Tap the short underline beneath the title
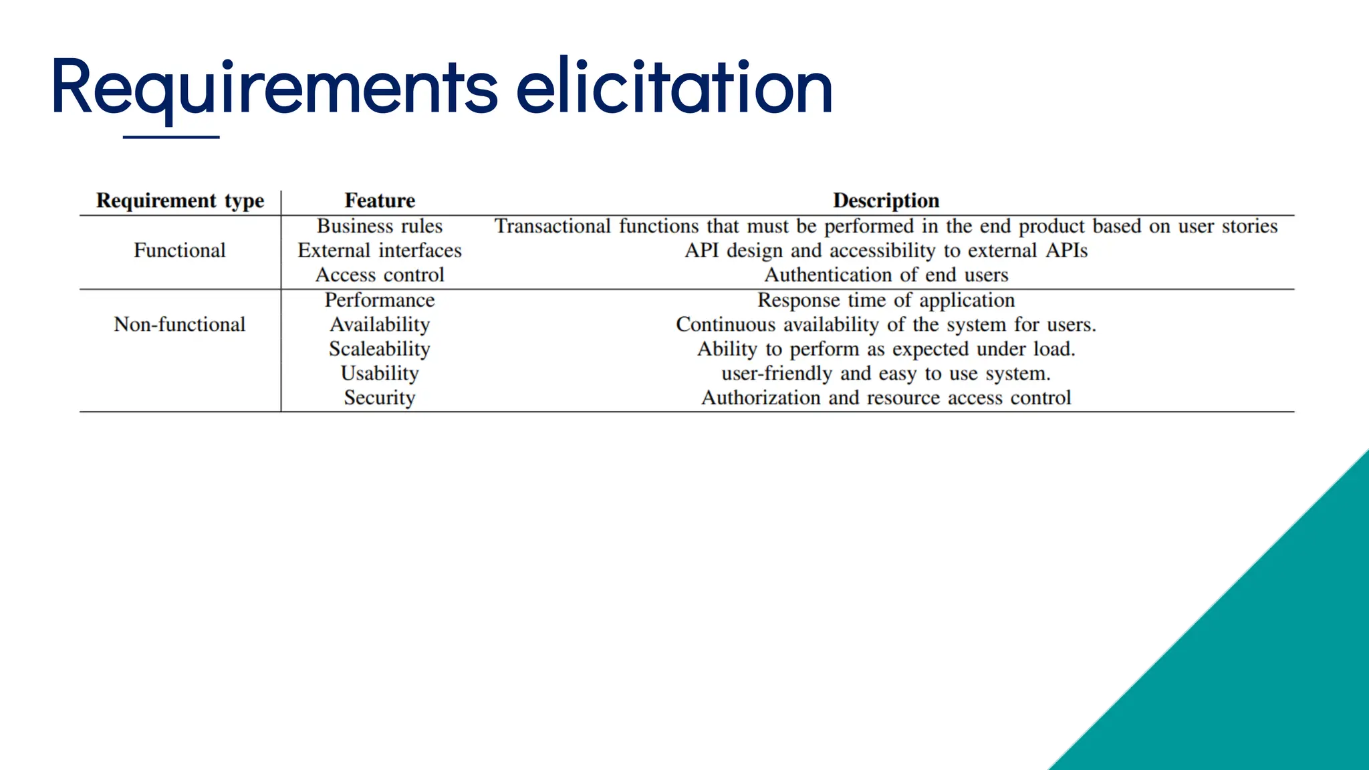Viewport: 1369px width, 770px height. click(x=171, y=137)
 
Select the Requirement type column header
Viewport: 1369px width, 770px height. click(x=180, y=201)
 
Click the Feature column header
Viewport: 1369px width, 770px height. click(x=380, y=201)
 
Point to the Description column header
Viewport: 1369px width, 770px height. click(x=886, y=201)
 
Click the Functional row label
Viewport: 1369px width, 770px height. click(x=180, y=251)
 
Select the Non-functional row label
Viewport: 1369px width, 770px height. click(x=180, y=325)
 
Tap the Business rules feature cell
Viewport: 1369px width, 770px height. click(x=380, y=226)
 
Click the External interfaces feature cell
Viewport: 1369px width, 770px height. click(x=380, y=251)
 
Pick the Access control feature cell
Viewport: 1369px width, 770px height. click(x=380, y=275)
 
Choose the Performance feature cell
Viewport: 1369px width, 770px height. click(x=380, y=300)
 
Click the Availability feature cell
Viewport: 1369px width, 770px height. click(x=380, y=325)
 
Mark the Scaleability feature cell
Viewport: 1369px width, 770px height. click(x=380, y=349)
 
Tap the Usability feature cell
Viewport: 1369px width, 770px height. click(x=380, y=374)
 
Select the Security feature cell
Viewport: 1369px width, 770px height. click(x=380, y=398)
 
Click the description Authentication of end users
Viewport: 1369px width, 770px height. click(x=886, y=275)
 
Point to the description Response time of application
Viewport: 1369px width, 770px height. click(x=886, y=300)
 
